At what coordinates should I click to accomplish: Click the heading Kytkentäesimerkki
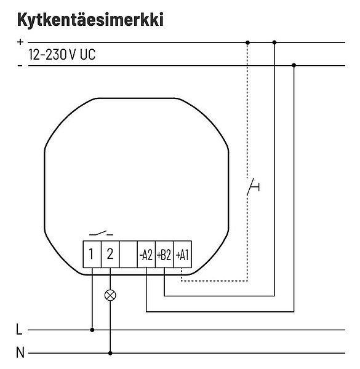pos(90,20)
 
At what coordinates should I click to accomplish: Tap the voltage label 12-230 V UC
pos(62,55)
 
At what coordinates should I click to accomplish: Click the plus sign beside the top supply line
pos(20,42)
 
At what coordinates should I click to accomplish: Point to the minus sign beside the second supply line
pos(20,66)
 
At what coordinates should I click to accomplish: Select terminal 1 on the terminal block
pos(92,254)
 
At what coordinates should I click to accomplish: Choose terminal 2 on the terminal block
pos(110,254)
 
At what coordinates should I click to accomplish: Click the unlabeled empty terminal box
pos(128,254)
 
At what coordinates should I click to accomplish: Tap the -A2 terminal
pos(146,254)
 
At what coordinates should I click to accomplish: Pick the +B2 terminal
pos(164,254)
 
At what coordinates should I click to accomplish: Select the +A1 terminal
pos(183,254)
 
